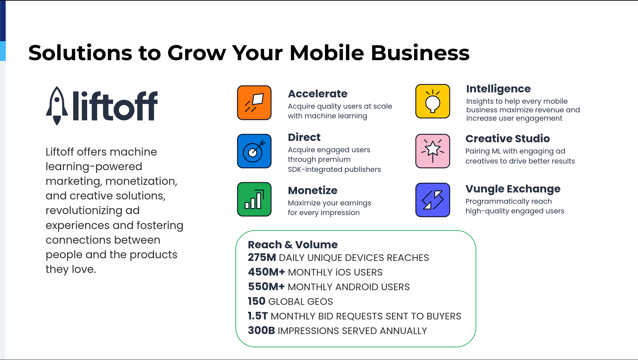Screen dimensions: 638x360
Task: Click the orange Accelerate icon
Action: pos(254,102)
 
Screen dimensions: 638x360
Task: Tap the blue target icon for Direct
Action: pos(254,151)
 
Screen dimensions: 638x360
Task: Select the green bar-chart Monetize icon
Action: pos(254,199)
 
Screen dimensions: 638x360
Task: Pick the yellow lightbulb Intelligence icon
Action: pos(432,101)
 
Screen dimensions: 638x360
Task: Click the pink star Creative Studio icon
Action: pos(432,151)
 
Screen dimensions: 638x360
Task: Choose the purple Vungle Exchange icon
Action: pos(432,200)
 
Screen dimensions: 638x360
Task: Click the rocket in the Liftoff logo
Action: pos(57,106)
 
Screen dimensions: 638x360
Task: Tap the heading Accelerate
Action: pos(318,94)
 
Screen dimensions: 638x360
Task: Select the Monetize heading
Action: pos(313,190)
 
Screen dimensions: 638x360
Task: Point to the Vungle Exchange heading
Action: pos(513,189)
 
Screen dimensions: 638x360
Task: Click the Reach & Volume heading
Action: pos(293,245)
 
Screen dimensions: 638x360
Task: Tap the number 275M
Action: pos(262,257)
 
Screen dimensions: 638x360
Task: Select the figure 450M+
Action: pos(266,272)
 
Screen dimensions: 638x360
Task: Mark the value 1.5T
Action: pos(258,316)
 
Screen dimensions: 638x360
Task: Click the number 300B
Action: pos(261,330)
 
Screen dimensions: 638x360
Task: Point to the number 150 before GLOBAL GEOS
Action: pos(256,301)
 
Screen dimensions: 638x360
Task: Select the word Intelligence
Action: pos(498,89)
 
